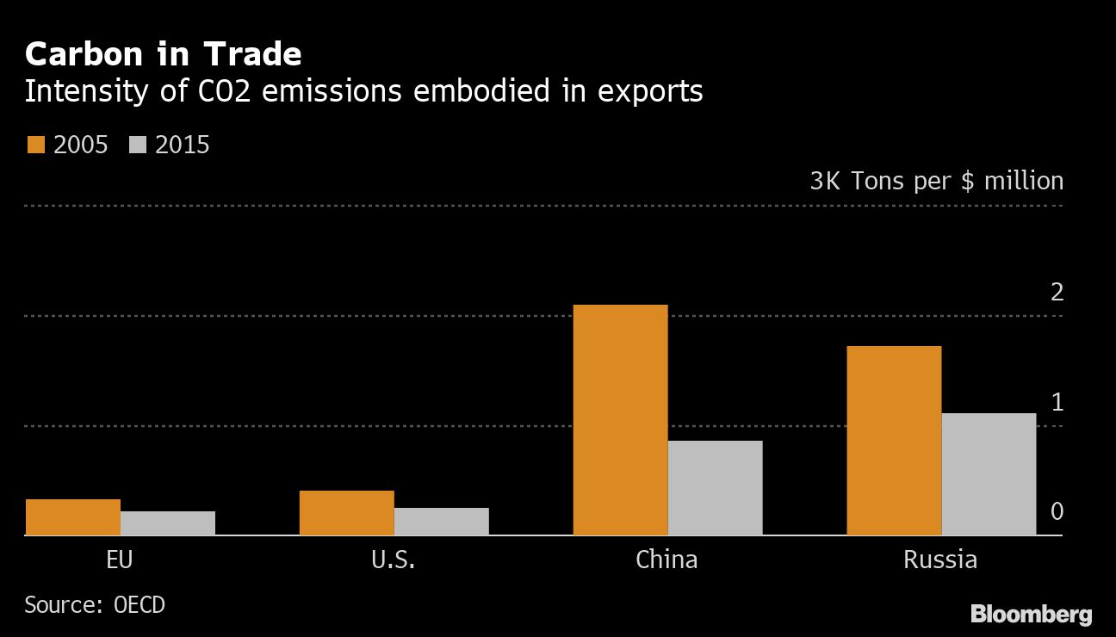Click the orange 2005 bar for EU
[x=73, y=517]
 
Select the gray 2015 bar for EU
[x=168, y=523]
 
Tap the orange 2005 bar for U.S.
[x=347, y=513]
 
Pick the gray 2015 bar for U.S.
[x=442, y=522]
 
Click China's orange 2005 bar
[x=620, y=420]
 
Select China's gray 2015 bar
[x=715, y=488]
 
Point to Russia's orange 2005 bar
[x=894, y=441]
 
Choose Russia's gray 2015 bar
[x=989, y=474]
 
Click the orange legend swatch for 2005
[x=35, y=145]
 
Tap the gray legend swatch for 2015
[x=138, y=145]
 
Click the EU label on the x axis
[x=120, y=560]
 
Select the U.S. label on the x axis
[x=394, y=560]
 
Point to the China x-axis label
[x=666, y=560]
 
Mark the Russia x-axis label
[x=940, y=560]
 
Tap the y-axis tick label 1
[x=1057, y=402]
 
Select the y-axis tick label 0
[x=1057, y=512]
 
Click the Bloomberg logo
[x=1031, y=615]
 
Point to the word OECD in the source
[x=139, y=605]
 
